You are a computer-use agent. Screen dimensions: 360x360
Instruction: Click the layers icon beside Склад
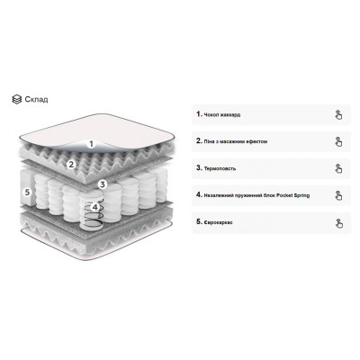17,99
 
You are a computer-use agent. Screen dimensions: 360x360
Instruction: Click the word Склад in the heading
36,99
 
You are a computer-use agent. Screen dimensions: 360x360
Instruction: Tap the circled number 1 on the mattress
92,144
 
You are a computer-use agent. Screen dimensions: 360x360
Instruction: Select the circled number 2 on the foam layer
71,164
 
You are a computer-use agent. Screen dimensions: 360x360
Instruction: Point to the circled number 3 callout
103,184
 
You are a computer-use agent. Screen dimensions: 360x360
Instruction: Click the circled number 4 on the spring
95,207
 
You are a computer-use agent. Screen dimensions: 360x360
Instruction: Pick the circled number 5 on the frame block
28,193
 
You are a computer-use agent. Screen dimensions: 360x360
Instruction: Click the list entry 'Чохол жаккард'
222,114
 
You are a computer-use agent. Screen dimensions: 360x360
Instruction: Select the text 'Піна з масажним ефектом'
236,141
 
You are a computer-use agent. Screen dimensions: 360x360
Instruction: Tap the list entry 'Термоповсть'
220,168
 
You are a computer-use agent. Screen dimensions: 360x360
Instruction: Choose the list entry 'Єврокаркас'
218,222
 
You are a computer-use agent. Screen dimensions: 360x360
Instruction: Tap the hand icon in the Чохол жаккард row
338,114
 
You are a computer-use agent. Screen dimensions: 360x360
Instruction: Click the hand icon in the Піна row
338,141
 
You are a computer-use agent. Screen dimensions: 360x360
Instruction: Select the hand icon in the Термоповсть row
338,168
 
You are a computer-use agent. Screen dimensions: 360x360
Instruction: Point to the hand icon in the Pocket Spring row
338,195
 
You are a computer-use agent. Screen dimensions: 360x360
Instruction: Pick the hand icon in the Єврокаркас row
338,222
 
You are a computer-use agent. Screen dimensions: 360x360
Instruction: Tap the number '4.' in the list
200,195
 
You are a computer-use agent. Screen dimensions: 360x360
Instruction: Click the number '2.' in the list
200,141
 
